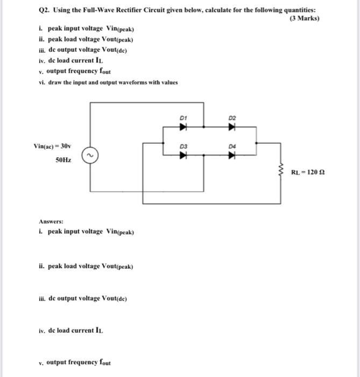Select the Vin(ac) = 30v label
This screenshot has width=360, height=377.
click(52, 146)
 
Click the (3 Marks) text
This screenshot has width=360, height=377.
click(304, 18)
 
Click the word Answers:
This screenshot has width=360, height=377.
click(51, 221)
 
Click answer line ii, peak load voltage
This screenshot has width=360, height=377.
click(86, 266)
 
